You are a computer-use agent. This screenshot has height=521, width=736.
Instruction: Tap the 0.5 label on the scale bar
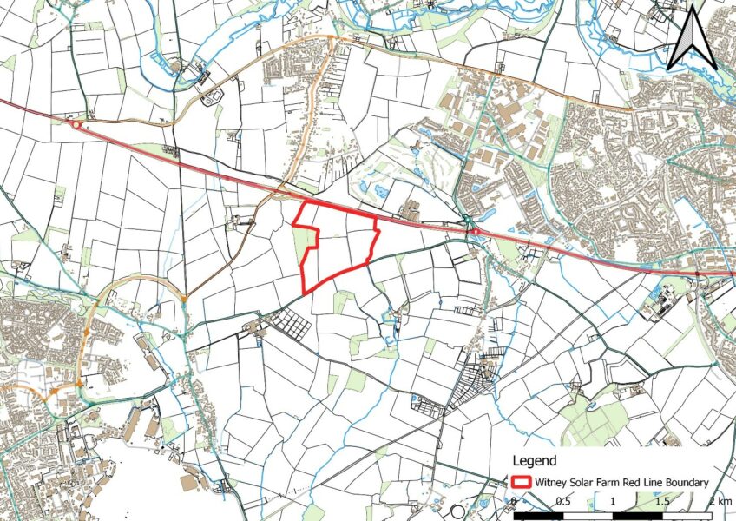click(x=563, y=502)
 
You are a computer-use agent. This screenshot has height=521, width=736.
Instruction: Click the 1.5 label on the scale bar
click(x=661, y=502)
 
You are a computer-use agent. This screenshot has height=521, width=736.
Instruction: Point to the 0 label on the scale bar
click(x=514, y=502)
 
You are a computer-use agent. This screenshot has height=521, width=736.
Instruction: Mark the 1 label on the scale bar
click(x=613, y=502)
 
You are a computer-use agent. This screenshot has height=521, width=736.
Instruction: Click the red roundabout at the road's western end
click(x=76, y=125)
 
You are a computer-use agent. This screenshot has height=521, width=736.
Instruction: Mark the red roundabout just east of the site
click(x=475, y=232)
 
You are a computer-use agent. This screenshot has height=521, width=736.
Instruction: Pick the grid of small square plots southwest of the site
click(x=290, y=325)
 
